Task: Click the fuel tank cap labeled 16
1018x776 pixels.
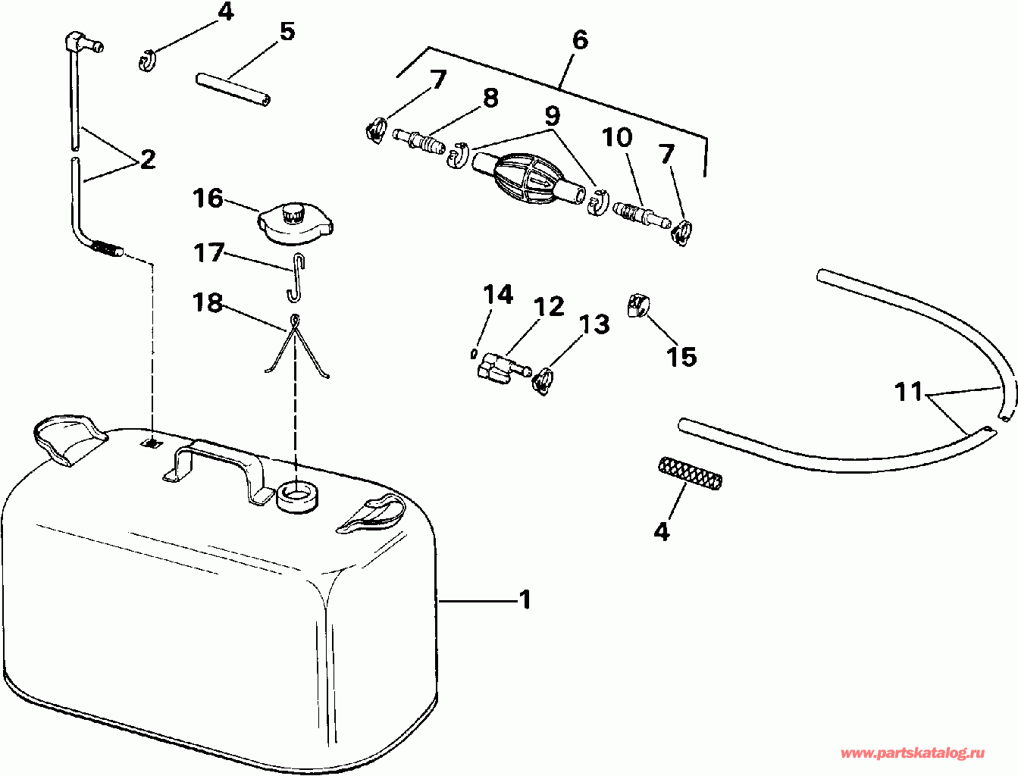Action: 296,224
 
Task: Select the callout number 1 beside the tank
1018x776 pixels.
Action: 525,600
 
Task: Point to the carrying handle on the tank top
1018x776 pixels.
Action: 220,462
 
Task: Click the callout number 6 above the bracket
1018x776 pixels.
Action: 580,39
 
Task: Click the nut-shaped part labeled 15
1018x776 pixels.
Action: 637,307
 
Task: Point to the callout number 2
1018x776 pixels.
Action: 147,159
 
